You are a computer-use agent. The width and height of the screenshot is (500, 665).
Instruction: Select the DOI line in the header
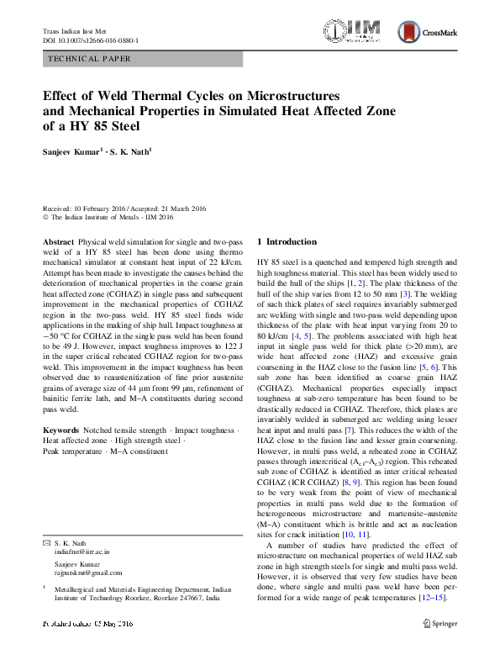[x=91, y=40]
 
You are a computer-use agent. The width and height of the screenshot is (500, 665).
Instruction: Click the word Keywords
[x=61, y=430]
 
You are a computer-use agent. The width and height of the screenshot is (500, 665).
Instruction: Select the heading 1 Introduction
[x=287, y=241]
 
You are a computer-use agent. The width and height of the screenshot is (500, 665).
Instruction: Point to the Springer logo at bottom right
[x=439, y=623]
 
